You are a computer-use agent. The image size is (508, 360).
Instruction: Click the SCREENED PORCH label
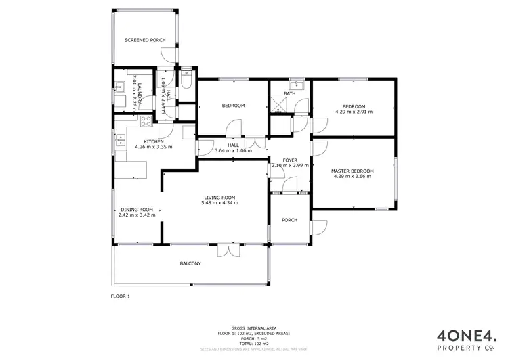tap(144, 41)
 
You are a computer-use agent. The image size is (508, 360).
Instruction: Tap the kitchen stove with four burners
tap(144, 122)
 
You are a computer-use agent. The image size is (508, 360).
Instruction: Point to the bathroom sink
tap(295, 85)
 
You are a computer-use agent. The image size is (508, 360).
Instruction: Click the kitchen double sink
tap(120, 141)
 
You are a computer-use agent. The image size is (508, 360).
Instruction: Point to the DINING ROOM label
tap(137, 210)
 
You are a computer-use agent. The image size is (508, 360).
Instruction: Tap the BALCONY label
tap(190, 263)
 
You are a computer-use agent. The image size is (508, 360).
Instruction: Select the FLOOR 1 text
tap(120, 296)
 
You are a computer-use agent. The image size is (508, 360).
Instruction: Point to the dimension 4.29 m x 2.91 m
tap(354, 112)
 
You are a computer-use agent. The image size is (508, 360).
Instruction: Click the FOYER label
tap(290, 160)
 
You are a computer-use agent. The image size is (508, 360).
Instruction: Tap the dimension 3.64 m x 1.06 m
tap(233, 150)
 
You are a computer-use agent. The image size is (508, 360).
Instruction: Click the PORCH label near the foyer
tap(289, 219)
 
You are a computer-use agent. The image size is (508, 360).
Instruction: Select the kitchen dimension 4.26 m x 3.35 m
tap(154, 147)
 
